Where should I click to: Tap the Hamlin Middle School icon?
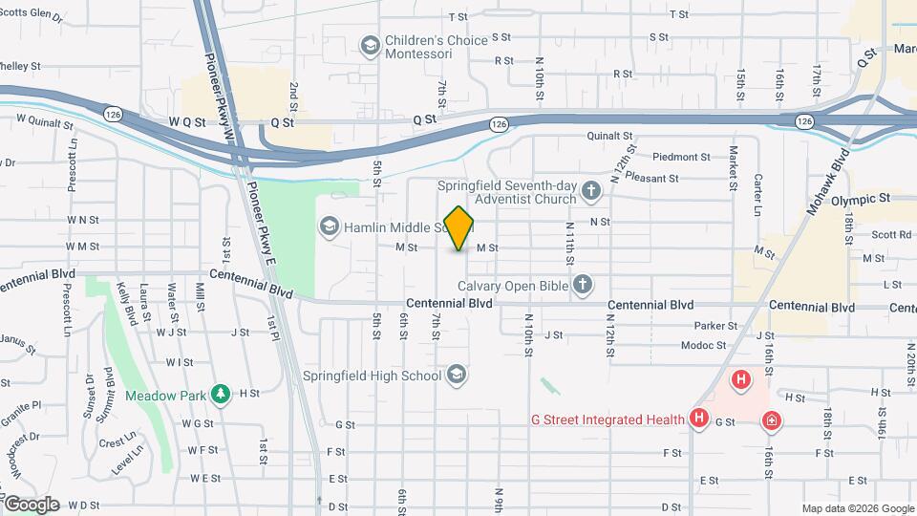pos(330,226)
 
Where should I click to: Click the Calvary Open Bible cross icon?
pos(583,285)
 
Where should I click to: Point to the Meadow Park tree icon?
pos(222,393)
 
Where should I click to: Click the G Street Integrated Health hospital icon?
pos(699,419)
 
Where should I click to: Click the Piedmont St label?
pos(682,157)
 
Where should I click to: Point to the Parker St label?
pos(716,326)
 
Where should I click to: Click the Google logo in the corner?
pos(32,504)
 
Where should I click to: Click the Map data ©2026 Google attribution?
pos(857,508)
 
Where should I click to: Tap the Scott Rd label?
pos(891,233)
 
